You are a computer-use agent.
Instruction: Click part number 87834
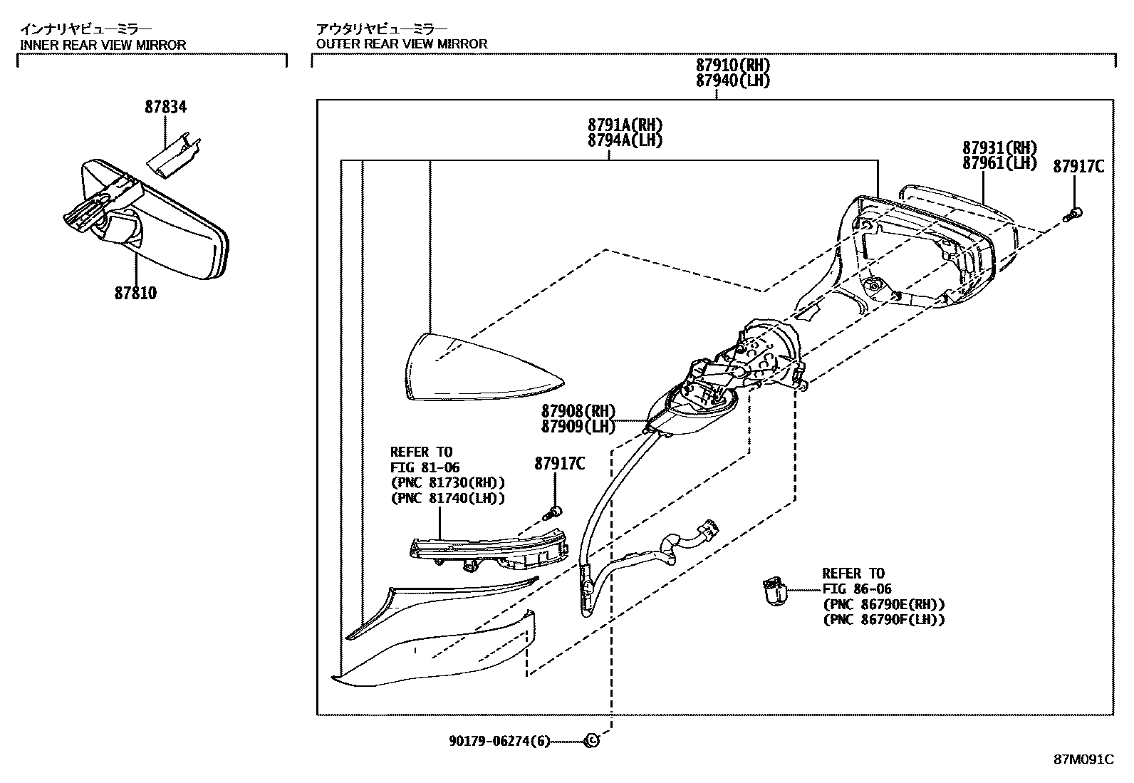(x=165, y=107)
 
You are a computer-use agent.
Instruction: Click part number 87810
(x=135, y=293)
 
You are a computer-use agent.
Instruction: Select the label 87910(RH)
(x=733, y=66)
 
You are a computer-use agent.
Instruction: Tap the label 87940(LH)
(x=733, y=81)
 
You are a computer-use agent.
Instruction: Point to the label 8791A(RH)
(x=625, y=125)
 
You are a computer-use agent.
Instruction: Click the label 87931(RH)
(x=999, y=148)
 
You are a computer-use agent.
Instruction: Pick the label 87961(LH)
(x=999, y=163)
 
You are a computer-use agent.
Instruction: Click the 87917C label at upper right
(x=1078, y=167)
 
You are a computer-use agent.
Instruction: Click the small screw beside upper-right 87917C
(x=1073, y=212)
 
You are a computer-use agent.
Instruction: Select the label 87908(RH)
(x=578, y=411)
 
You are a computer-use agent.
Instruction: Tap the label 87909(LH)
(x=578, y=426)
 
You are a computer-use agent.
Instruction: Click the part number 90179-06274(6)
(x=499, y=742)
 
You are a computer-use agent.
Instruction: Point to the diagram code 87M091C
(x=1083, y=759)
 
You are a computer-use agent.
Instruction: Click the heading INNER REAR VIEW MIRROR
(x=103, y=44)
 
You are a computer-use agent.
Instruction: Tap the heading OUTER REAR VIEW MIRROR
(x=402, y=44)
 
